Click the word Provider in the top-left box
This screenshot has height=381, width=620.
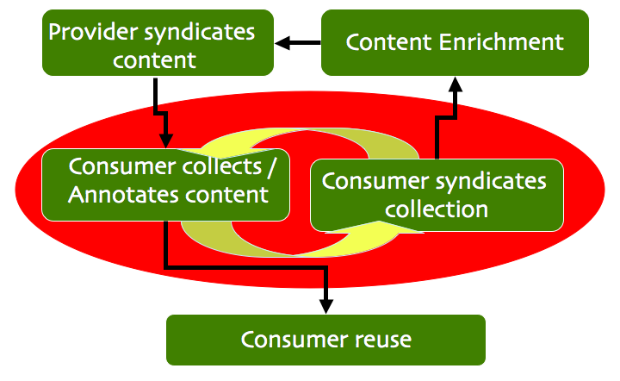point(93,31)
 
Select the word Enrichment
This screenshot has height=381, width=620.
point(501,42)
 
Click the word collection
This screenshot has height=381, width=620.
point(437,209)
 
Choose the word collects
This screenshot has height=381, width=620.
point(222,166)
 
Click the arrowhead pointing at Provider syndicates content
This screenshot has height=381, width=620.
point(282,43)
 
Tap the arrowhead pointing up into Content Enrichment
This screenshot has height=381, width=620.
point(456,84)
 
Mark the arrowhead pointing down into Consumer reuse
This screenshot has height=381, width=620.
point(326,307)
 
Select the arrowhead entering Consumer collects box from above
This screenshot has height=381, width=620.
point(166,141)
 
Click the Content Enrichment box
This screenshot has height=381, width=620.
point(456,43)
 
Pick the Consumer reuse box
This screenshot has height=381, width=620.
point(325,340)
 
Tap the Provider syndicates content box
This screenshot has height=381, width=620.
point(158,43)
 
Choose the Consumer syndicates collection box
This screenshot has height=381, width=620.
point(437,196)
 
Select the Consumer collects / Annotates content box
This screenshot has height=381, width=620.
point(165,184)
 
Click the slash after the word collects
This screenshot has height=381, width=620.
point(271,168)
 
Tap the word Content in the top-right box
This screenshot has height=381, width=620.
point(388,42)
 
